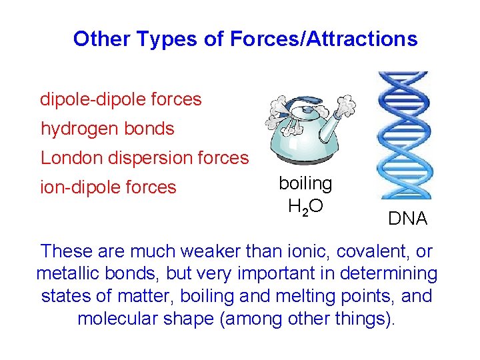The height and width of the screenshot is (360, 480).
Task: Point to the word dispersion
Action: tap(154, 158)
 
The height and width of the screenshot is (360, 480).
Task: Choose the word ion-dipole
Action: tap(79, 187)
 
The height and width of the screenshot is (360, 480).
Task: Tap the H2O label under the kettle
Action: tap(305, 207)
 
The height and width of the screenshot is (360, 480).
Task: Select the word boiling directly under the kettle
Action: tap(305, 183)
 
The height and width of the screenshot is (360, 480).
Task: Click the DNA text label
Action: tap(407, 219)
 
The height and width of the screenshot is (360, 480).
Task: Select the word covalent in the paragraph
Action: tap(361, 253)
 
